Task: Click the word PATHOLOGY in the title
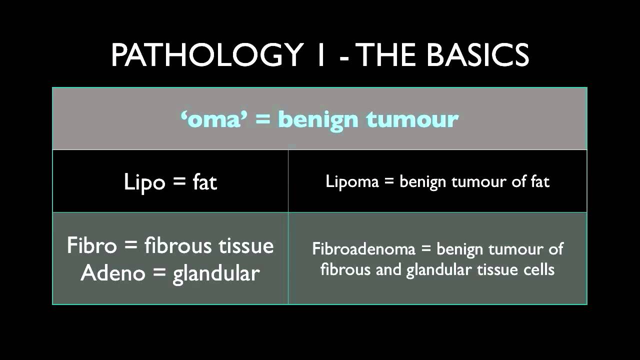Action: (207, 55)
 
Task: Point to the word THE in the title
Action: (388, 55)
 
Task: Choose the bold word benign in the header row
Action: (318, 119)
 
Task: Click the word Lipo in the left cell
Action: (144, 182)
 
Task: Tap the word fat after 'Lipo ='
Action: (205, 182)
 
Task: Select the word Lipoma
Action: (352, 181)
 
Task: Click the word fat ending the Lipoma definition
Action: (540, 181)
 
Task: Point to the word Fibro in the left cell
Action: (91, 245)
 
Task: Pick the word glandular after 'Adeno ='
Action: (216, 273)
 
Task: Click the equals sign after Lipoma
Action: (389, 182)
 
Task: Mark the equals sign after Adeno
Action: (153, 273)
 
